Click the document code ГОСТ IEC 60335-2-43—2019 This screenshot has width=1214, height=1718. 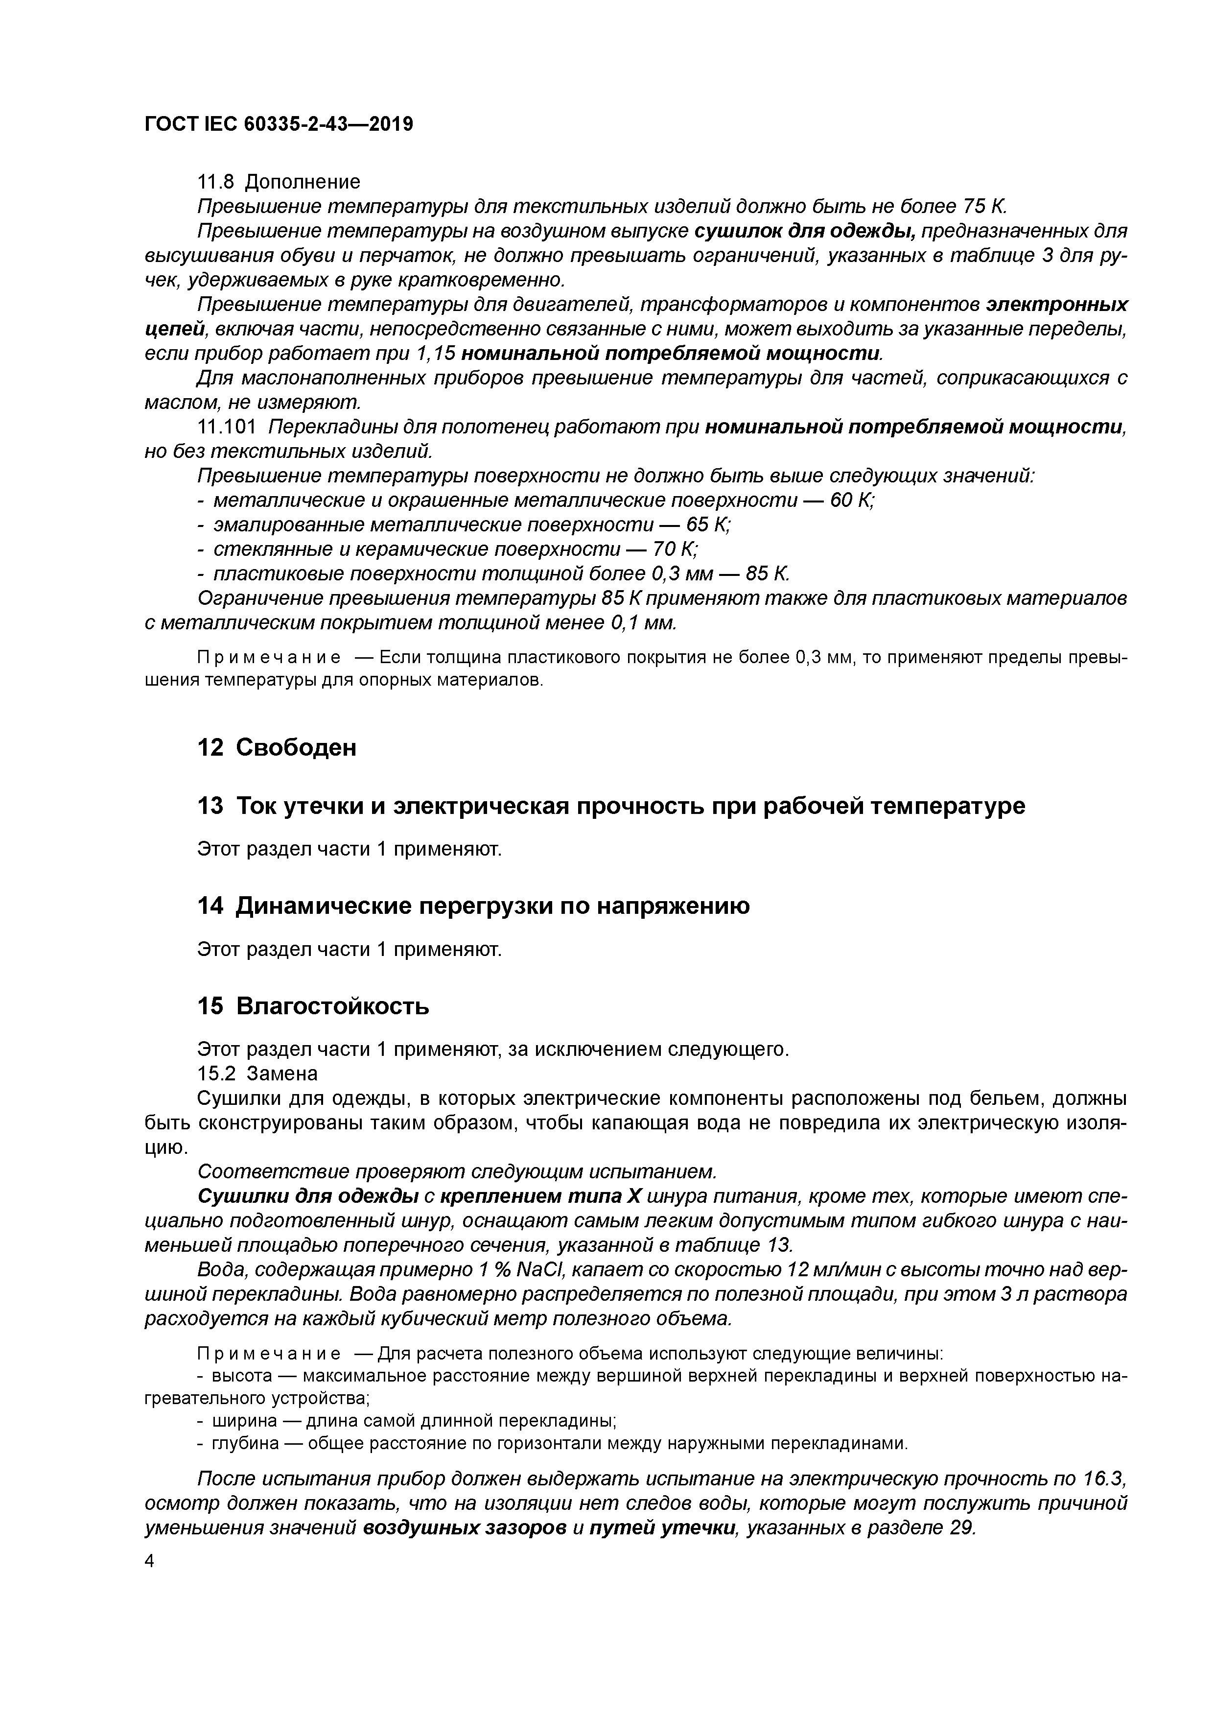pos(278,124)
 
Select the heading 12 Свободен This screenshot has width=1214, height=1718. pos(277,747)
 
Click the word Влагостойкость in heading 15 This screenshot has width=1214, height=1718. pos(333,1006)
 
